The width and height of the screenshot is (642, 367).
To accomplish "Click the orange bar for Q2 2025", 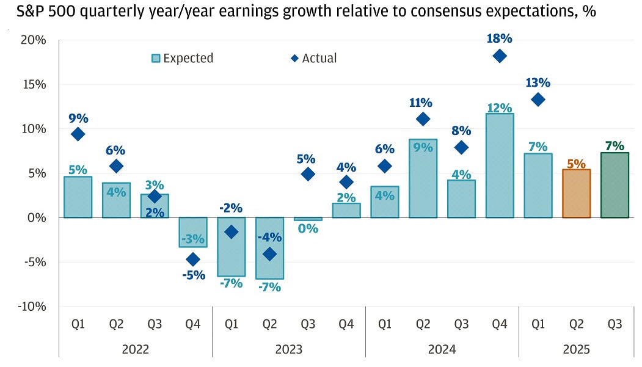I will pos(576,194).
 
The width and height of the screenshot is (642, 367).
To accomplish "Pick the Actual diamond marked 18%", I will pos(499,56).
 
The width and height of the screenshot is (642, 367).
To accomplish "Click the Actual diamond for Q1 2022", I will pos(78,134).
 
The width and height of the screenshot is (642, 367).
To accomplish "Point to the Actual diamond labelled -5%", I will pos(193,260).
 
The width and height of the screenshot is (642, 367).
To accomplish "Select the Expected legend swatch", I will pos(156,59).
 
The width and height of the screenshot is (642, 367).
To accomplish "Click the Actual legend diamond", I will pos(294,59).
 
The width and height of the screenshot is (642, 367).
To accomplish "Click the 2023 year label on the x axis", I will pos(288,350).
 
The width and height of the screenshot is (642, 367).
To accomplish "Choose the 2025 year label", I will pos(576,350).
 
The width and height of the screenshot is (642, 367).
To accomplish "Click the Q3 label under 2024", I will pos(461,324).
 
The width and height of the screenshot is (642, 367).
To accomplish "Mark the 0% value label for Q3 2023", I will pos(308,229).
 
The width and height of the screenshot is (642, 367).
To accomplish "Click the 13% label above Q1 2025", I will pos(538,82).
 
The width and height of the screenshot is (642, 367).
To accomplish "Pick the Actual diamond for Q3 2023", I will pos(308,174).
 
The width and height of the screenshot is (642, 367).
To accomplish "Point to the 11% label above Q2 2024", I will pos(423,102).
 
